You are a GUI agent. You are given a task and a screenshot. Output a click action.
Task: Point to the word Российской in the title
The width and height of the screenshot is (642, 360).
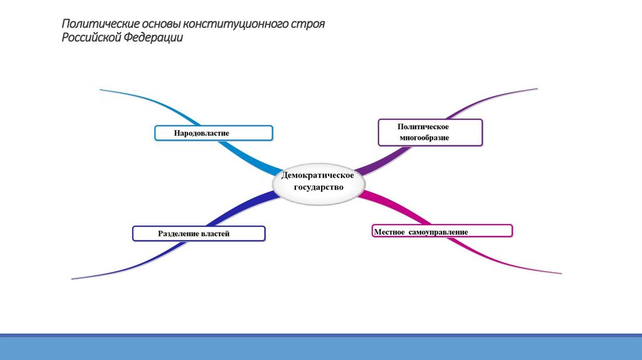pyautogui.click(x=91, y=38)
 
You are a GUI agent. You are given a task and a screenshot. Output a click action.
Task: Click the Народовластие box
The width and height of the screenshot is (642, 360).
pyautogui.click(x=214, y=133)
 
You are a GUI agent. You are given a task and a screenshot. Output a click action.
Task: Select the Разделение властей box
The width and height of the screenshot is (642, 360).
pyautogui.click(x=199, y=234)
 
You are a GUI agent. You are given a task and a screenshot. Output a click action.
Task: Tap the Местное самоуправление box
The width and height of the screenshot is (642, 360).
pyautogui.click(x=442, y=231)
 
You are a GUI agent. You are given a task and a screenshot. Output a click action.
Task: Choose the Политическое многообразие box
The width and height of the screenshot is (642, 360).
pyautogui.click(x=431, y=132)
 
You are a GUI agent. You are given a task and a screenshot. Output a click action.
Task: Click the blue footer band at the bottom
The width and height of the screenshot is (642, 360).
pyautogui.click(x=321, y=348)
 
